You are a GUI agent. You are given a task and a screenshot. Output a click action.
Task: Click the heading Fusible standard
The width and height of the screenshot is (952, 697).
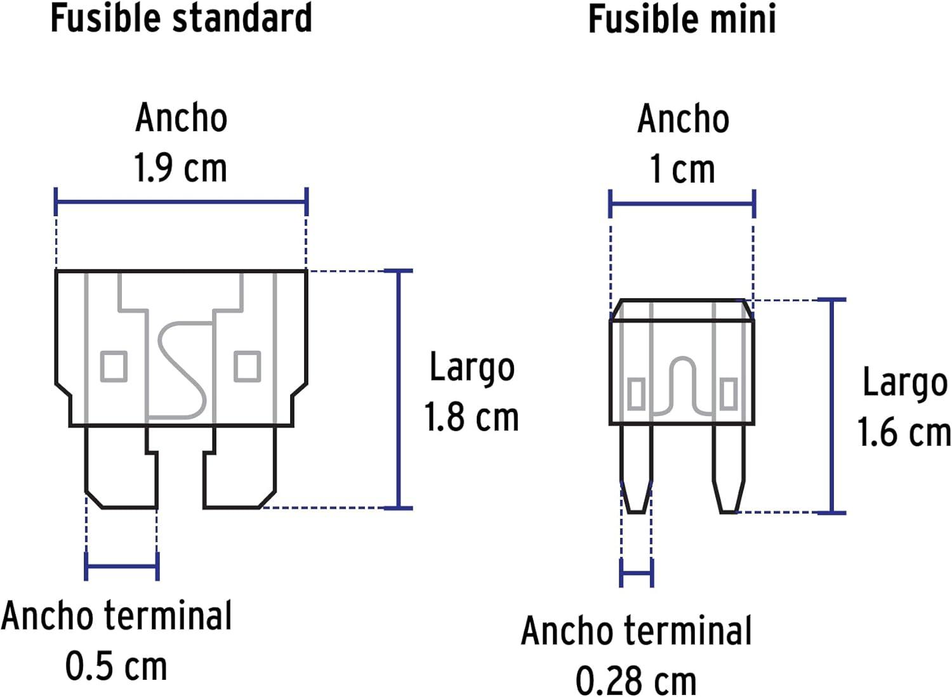[x=182, y=18]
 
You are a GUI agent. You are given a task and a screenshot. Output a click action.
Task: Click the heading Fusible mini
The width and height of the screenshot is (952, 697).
[x=682, y=18]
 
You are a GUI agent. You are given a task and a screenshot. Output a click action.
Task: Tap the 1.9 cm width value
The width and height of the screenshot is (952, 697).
[x=181, y=167]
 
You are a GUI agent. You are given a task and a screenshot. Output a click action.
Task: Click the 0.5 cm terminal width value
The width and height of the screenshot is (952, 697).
[x=116, y=666]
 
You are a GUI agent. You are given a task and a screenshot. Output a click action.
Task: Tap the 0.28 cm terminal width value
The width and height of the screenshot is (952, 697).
[x=636, y=681]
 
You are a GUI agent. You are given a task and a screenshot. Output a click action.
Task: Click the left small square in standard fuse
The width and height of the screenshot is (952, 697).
[x=114, y=366]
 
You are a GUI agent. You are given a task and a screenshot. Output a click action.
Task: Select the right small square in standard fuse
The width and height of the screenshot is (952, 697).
[x=248, y=366]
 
